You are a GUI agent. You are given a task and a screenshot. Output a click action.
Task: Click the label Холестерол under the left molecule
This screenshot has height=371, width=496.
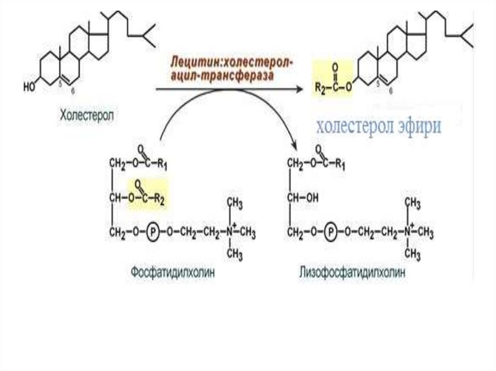pyautogui.click(x=88, y=116)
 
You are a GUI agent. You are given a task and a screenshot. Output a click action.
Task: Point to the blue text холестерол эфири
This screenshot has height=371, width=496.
pyautogui.click(x=379, y=126)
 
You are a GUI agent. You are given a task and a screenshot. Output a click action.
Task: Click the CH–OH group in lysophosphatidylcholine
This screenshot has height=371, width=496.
pyautogui.click(x=302, y=197)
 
